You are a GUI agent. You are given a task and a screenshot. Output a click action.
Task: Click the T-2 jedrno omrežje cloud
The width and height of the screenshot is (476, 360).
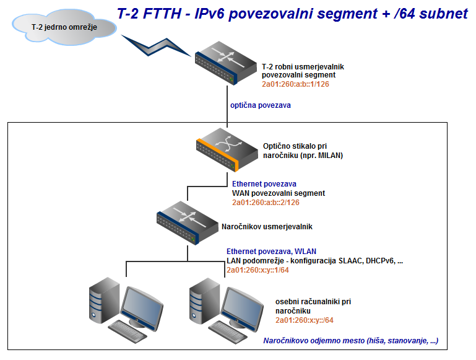pos(64,27)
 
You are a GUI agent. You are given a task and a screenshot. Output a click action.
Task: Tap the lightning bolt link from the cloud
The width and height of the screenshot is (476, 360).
pos(156,46)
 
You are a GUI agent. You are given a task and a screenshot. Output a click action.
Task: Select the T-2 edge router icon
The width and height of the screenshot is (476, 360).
pos(226,63)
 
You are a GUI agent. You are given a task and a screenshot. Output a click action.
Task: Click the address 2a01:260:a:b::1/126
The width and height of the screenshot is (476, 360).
pos(295,84)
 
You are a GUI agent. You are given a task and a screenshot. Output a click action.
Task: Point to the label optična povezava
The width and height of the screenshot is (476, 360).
pos(261,105)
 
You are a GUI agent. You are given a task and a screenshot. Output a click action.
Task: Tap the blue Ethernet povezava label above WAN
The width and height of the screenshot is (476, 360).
pos(264,184)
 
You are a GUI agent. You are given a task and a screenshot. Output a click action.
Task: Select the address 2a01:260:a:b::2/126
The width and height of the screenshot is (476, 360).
pos(266,203)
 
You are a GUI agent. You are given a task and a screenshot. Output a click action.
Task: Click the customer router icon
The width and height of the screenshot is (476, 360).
pos(188,222)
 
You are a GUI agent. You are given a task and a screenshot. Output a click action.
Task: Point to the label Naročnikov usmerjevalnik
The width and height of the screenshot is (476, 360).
pos(267,227)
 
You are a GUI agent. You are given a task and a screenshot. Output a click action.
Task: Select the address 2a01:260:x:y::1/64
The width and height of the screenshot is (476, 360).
pos(257,270)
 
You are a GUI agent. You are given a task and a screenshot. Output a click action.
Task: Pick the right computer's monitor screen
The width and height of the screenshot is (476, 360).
pos(243,306)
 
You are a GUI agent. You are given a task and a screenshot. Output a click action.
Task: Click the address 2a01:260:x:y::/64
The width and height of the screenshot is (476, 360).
pos(305,320)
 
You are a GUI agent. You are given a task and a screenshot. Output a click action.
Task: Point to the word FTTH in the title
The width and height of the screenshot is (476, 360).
pos(162,14)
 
